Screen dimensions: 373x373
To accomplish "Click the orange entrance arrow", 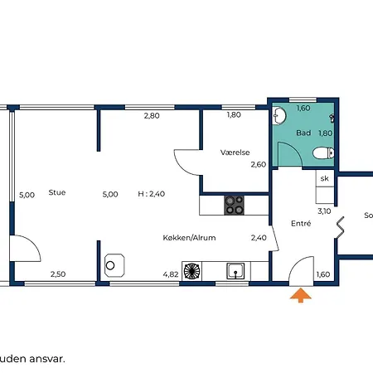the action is click(301, 295).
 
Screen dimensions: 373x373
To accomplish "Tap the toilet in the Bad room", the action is click(323, 153).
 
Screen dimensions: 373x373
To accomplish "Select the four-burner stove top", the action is click(234, 205).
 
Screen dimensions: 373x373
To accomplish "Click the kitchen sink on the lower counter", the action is click(235, 271).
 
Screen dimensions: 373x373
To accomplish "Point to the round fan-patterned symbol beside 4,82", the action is click(191, 271).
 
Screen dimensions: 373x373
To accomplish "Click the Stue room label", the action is click(57, 192).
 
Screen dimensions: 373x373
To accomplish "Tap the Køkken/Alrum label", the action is click(189, 238).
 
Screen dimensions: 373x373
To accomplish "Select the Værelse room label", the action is click(235, 153).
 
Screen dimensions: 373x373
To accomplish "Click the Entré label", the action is click(301, 223).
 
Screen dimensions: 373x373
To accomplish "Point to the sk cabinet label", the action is click(325, 178).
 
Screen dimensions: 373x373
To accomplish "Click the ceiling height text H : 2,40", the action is click(152, 194).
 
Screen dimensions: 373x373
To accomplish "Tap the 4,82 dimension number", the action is click(171, 274).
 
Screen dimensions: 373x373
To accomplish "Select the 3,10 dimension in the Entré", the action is click(324, 211).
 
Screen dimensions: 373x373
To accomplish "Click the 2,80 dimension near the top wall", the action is click(152, 115).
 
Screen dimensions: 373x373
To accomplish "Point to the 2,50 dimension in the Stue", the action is click(58, 274).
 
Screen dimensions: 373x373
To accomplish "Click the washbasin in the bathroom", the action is click(279, 115).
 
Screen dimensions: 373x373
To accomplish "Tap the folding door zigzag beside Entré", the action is click(340, 227).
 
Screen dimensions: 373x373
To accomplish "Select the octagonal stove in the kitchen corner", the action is click(114, 265).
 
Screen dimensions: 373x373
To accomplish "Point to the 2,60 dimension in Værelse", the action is click(259, 165).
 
